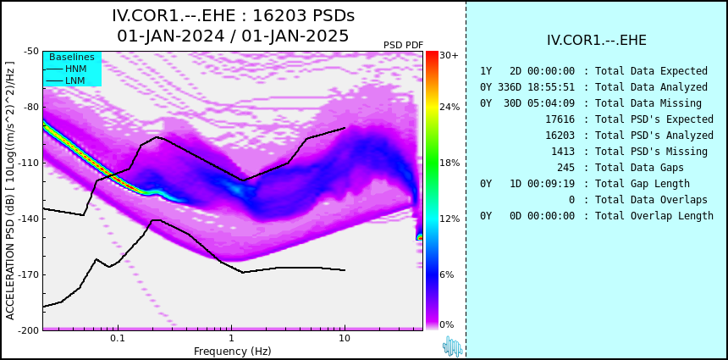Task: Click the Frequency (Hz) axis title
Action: click(232, 351)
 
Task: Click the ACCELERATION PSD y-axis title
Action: click(10, 191)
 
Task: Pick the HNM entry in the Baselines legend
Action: click(65, 69)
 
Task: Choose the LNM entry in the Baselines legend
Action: click(65, 81)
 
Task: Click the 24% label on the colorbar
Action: click(449, 108)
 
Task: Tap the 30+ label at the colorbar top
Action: click(449, 55)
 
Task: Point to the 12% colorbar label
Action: click(449, 219)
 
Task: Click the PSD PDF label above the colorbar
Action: click(403, 45)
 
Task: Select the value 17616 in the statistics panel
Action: click(560, 119)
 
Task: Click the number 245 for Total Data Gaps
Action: click(565, 167)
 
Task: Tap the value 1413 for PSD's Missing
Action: click(563, 152)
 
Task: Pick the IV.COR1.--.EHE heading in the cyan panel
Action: click(597, 41)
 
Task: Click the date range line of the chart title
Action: click(233, 36)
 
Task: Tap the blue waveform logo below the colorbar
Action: click(453, 346)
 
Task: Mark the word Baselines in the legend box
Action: click(72, 57)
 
